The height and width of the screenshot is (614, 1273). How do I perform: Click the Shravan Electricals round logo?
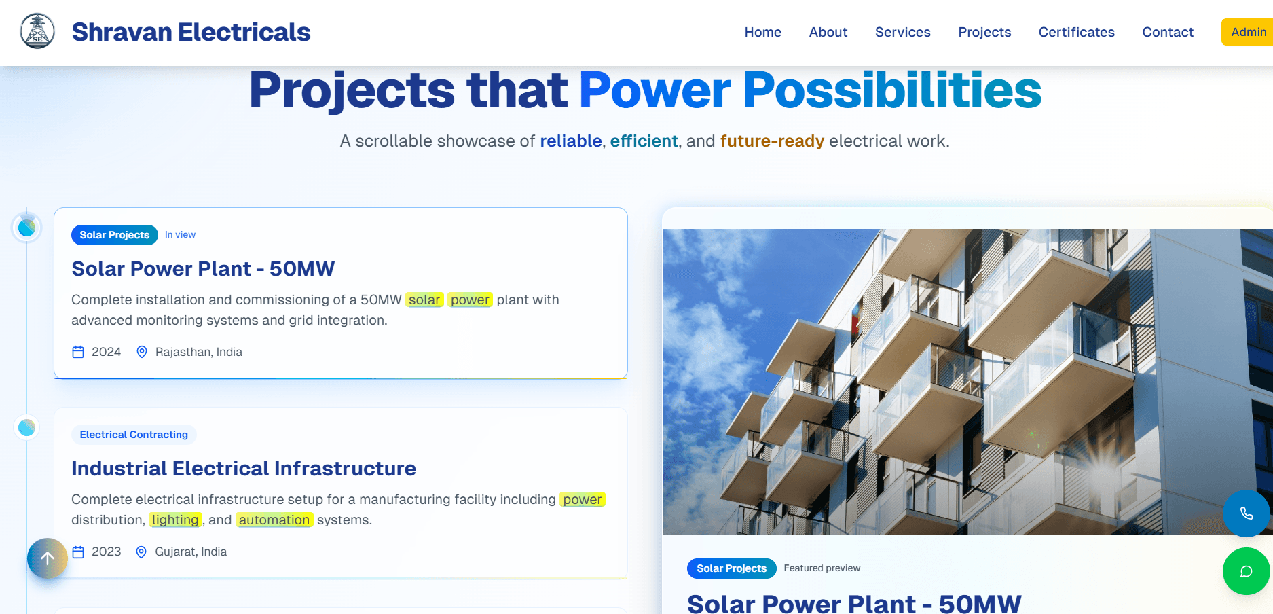[38, 31]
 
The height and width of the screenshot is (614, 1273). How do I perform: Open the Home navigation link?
[762, 32]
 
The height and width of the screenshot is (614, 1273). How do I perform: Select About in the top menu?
[828, 32]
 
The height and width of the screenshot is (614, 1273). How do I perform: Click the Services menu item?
[902, 32]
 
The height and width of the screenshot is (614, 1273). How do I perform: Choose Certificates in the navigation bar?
[1076, 32]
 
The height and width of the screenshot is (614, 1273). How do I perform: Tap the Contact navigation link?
[1167, 32]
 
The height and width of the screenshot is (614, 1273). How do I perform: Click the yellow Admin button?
[1248, 32]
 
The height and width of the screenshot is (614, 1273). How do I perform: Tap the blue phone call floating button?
[1247, 513]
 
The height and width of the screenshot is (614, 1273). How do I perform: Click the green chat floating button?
[1247, 571]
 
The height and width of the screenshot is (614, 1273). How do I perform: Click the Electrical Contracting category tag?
[134, 435]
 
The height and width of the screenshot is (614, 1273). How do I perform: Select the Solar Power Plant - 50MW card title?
[203, 269]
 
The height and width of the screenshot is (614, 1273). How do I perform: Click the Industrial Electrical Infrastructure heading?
[244, 469]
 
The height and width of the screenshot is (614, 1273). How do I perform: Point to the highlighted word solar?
[424, 300]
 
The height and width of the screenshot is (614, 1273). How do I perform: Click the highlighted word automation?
[274, 520]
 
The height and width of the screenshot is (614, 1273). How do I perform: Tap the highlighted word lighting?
[175, 520]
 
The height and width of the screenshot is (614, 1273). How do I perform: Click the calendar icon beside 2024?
[78, 352]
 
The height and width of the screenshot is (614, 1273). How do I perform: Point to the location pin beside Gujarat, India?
[141, 552]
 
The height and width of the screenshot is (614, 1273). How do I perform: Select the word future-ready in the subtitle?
[772, 141]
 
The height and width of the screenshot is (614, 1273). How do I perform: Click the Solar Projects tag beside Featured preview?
[731, 568]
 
